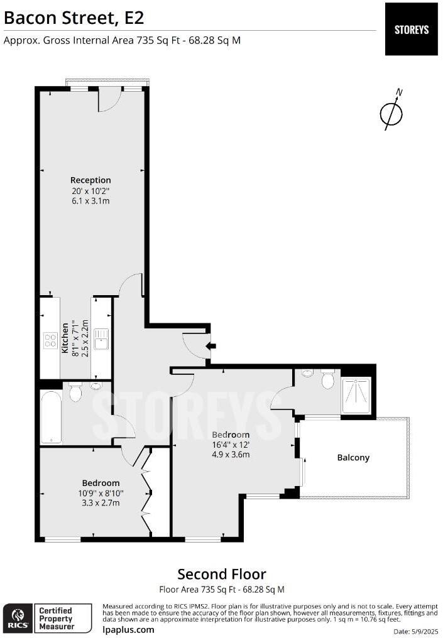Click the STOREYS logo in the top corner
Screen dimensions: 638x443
[411, 29]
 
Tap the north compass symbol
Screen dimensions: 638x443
[391, 113]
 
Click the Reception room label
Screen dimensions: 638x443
[90, 180]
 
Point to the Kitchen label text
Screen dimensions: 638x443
[65, 338]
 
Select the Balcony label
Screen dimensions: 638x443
[353, 458]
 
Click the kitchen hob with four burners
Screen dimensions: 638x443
[50, 340]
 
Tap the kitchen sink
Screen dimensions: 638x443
[101, 338]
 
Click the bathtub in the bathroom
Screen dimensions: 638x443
[51, 416]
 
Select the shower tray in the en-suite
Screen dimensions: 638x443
[356, 396]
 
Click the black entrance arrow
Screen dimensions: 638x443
[211, 345]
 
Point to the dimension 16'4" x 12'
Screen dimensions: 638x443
[231, 445]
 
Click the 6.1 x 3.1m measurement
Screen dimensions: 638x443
[90, 201]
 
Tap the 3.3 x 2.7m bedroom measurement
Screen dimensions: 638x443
[101, 503]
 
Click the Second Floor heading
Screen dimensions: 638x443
[221, 574]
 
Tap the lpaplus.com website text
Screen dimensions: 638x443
[128, 629]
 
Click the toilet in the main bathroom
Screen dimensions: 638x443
[75, 394]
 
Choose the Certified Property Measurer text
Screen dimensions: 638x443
[57, 618]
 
